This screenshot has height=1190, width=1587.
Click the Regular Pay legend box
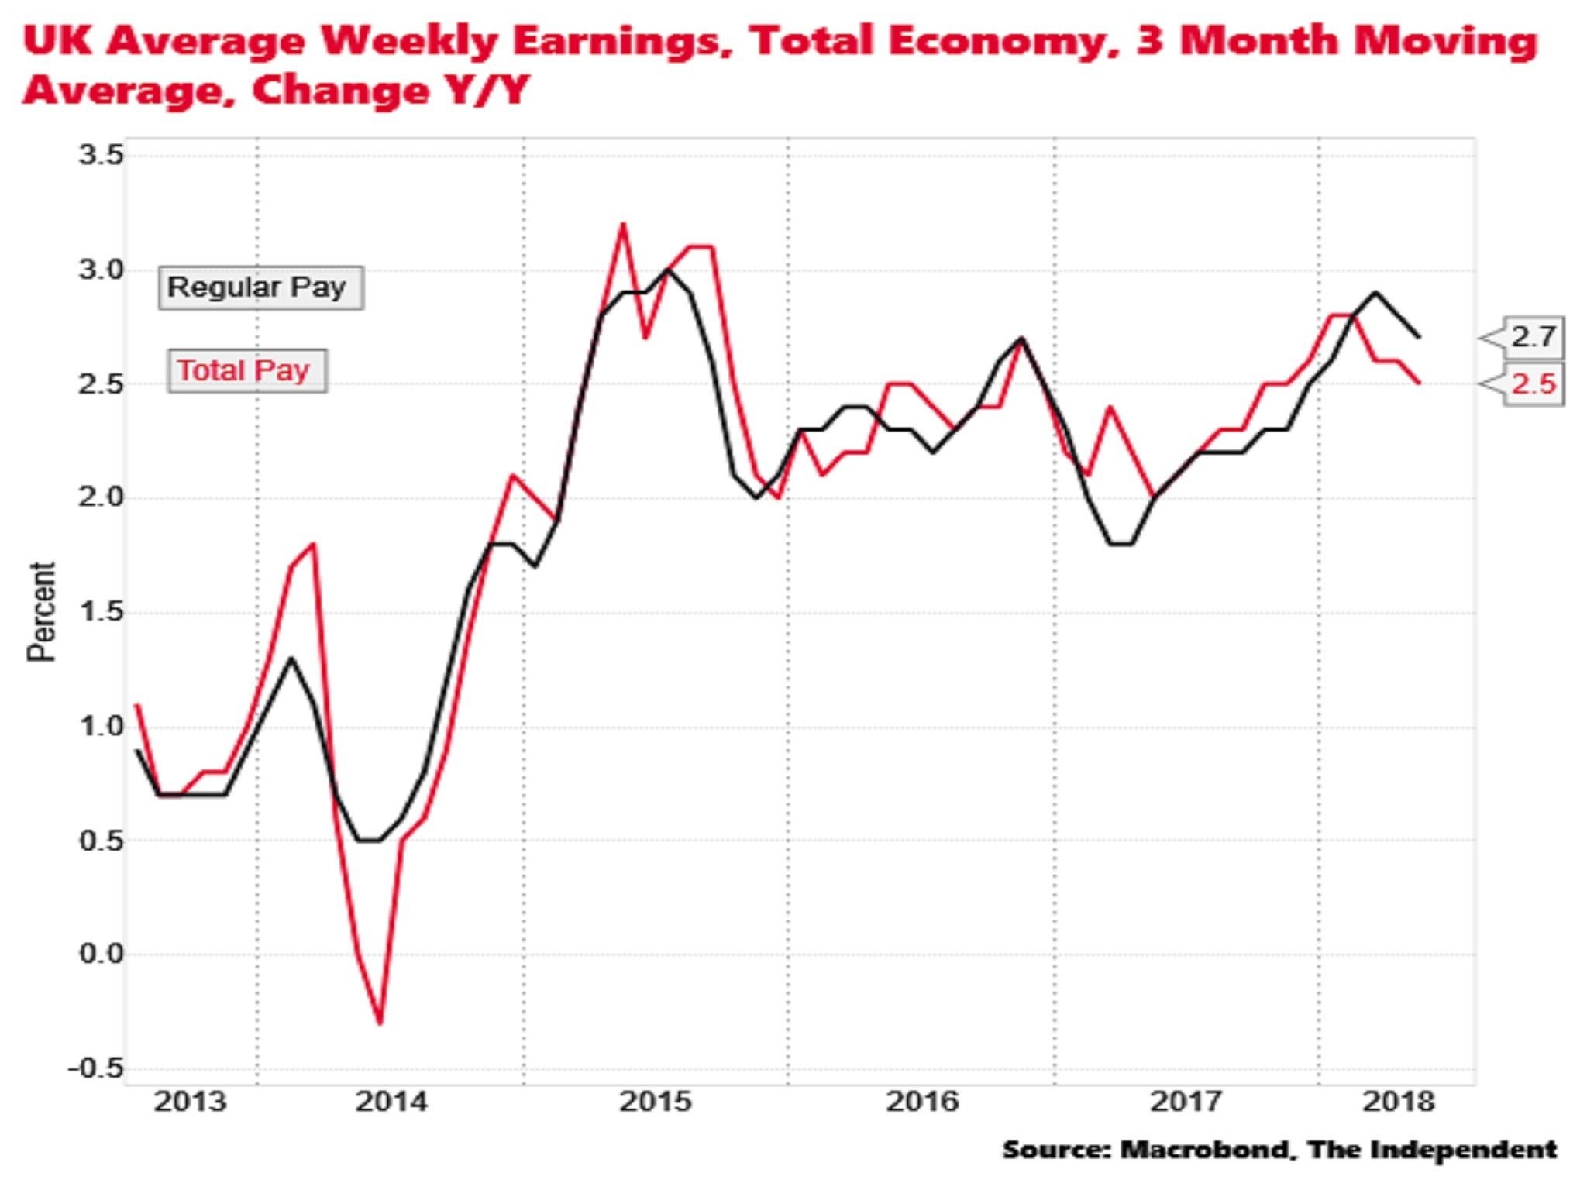(x=260, y=288)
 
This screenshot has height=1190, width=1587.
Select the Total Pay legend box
(x=246, y=371)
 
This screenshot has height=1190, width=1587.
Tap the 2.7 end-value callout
(x=1532, y=337)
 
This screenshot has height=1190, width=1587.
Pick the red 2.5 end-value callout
(x=1532, y=383)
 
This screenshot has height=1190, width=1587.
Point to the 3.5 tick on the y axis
(x=101, y=156)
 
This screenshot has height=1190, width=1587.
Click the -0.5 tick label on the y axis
(x=95, y=1069)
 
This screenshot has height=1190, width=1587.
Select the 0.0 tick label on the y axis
(x=101, y=954)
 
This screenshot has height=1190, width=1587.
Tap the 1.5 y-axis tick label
(x=101, y=612)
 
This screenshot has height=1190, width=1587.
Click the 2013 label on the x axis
(x=190, y=1101)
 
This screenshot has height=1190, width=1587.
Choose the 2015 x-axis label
(x=656, y=1101)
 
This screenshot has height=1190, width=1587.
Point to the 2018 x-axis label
(x=1398, y=1101)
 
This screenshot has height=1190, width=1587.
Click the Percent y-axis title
(x=41, y=612)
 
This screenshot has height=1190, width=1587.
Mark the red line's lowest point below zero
(x=380, y=1023)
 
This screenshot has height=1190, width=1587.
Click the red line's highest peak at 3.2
(x=622, y=225)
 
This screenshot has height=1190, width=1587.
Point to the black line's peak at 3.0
(x=667, y=270)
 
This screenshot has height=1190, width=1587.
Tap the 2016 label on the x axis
(x=922, y=1101)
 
